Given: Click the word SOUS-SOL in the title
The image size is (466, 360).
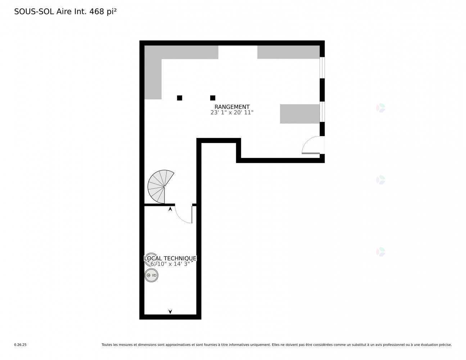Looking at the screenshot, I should (34, 12).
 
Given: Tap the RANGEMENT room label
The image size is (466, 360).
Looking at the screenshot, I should (232, 107).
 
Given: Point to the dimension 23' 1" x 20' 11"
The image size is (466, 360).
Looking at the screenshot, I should (232, 112).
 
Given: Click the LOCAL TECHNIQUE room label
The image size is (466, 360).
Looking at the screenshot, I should (170, 258).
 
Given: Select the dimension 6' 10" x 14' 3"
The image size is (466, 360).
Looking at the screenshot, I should (170, 264).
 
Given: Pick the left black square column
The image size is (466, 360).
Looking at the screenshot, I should (180, 98).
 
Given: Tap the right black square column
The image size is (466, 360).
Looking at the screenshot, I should (213, 98).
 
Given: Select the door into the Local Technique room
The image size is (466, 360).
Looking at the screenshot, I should (185, 214).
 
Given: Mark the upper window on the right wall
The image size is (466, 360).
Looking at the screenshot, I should (322, 68).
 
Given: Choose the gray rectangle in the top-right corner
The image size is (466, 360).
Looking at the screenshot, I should (288, 52).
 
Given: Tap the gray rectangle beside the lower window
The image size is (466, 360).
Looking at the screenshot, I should (300, 114).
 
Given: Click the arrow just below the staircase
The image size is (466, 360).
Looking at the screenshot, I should (170, 209).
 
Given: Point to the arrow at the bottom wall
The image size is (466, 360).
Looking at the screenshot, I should (170, 311).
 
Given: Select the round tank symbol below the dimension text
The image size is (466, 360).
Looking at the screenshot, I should (151, 275).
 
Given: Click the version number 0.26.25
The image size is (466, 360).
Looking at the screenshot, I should (20, 345).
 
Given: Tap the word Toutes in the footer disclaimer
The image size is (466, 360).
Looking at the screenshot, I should (107, 345).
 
